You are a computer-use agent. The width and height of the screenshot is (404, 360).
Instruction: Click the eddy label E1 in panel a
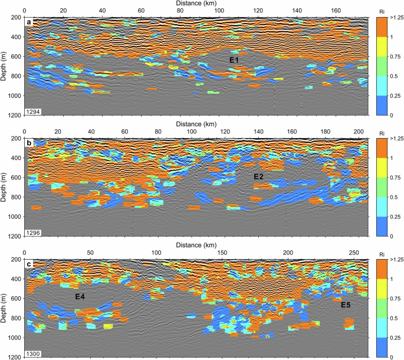pos(234,60)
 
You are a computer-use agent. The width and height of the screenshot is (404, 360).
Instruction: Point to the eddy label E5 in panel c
pos(346,305)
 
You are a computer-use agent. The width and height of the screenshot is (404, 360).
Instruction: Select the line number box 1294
pos(33,111)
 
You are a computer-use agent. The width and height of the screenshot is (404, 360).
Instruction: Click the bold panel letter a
pos(28,22)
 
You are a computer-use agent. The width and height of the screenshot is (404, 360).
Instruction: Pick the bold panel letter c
pos(28,264)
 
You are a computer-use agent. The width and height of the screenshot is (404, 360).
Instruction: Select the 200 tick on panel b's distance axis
pos(357,132)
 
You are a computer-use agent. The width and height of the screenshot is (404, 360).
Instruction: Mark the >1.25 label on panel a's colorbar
pos(392,18)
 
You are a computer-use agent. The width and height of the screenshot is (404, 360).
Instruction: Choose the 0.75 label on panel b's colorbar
pos(390,178)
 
